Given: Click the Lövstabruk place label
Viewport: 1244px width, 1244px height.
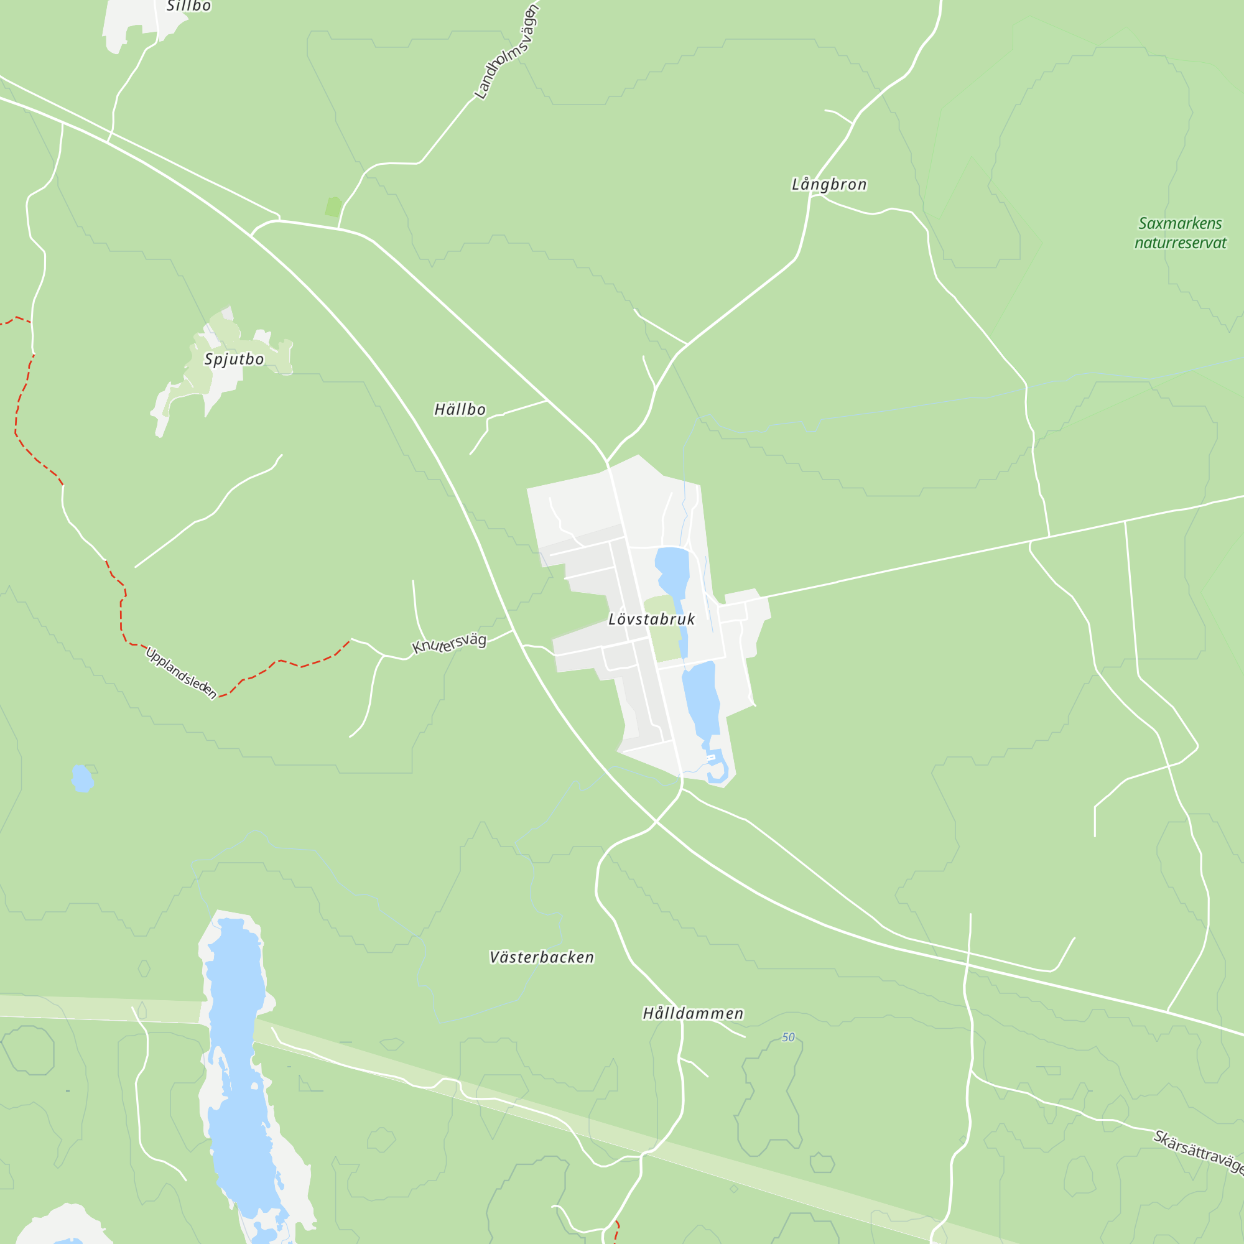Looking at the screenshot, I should (x=652, y=620).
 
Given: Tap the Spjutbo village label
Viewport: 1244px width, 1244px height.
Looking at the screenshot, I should (x=234, y=360).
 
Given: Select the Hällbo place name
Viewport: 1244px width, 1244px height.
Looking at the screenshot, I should (x=460, y=409).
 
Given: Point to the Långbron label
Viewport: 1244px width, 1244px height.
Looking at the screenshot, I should (x=829, y=185).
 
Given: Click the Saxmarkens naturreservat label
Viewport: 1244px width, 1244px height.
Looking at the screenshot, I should (x=1181, y=233).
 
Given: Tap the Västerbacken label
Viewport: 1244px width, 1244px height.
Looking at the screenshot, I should (x=542, y=957).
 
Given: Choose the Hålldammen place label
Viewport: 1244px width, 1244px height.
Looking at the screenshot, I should (x=693, y=1013).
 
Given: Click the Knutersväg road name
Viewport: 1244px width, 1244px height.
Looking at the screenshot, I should (x=449, y=643).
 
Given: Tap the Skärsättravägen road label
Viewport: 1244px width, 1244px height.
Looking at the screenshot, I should (x=1197, y=1153).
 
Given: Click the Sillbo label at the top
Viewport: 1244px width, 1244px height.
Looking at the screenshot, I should (x=188, y=6).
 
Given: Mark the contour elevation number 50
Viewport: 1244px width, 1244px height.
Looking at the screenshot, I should (x=788, y=1037).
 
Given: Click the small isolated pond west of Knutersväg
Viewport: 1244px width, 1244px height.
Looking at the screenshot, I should (x=81, y=779).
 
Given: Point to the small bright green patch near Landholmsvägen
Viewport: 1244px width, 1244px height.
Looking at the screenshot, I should (x=332, y=207).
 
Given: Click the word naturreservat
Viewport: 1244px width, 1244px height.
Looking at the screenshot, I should (x=1181, y=243).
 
